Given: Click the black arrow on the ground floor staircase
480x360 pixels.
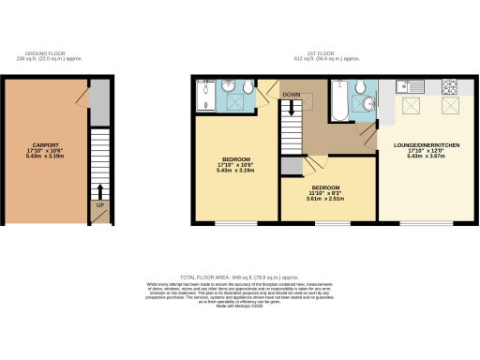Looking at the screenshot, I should [x=99, y=191].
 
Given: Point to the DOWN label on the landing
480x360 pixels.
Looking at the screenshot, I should [x=292, y=95].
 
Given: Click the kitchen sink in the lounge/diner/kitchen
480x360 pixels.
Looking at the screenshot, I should [x=409, y=87].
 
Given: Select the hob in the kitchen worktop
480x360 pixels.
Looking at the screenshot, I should [x=448, y=87].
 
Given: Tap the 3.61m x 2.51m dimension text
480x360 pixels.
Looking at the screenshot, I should [x=325, y=199].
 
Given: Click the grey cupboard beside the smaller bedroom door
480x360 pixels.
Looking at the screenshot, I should [x=292, y=167].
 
